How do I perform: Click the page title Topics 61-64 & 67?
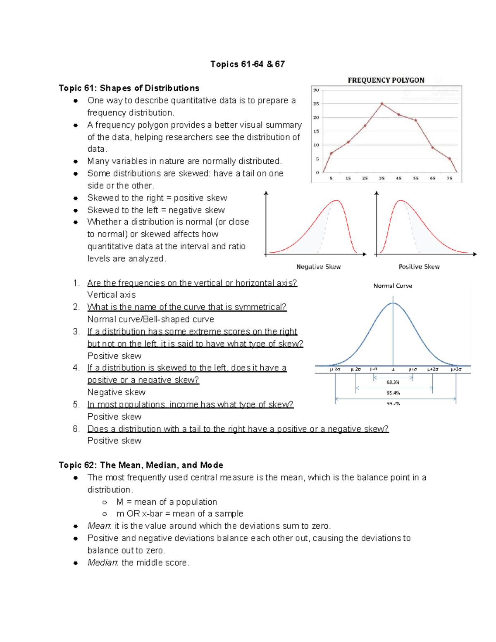tap(247, 64)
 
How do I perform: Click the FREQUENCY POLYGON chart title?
tap(386, 80)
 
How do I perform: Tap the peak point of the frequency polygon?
tap(382, 104)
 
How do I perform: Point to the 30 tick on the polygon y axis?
tap(316, 90)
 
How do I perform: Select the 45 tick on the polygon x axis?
tap(398, 178)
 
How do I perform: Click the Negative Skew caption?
tap(318, 267)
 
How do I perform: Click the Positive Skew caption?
tap(419, 267)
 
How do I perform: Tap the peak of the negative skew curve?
tap(337, 201)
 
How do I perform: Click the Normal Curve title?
tap(393, 286)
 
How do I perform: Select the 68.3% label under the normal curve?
tap(393, 382)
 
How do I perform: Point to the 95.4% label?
tap(393, 393)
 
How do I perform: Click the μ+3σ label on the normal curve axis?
tap(456, 369)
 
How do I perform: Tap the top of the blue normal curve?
tap(393, 303)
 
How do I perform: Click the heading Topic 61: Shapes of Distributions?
tap(129, 88)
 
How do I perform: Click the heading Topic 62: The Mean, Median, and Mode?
tap(141, 465)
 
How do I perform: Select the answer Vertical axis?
tap(111, 295)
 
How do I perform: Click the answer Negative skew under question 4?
tap(116, 392)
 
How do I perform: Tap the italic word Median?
tap(103, 563)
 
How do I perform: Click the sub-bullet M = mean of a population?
tap(166, 502)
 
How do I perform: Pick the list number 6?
tap(76, 429)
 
